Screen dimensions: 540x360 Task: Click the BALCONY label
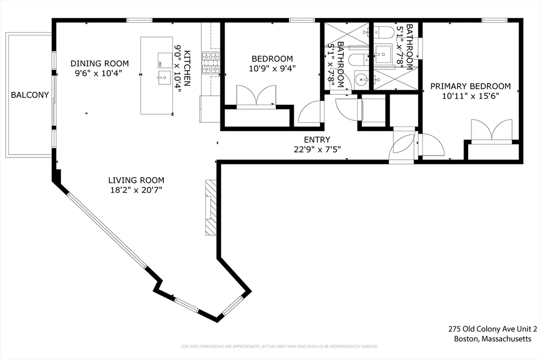(30, 95)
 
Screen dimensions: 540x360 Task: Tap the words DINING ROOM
(100, 63)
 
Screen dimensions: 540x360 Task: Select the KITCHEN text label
(187, 69)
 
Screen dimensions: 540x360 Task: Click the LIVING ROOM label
(137, 180)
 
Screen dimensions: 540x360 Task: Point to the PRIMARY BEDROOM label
(470, 86)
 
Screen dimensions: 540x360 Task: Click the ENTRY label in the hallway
(317, 140)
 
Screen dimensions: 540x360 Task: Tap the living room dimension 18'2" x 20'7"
(137, 190)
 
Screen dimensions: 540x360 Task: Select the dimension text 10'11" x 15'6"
(470, 96)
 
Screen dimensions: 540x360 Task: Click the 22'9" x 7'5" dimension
(317, 149)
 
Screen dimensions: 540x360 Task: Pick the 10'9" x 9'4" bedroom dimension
(272, 69)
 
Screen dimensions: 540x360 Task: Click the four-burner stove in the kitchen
(211, 63)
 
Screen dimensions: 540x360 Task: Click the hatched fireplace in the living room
(211, 207)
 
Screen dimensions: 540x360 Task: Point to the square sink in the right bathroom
(383, 54)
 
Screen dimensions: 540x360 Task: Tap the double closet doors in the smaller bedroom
(257, 95)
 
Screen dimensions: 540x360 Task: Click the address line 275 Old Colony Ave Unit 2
(493, 329)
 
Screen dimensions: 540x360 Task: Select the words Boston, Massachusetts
(493, 339)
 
